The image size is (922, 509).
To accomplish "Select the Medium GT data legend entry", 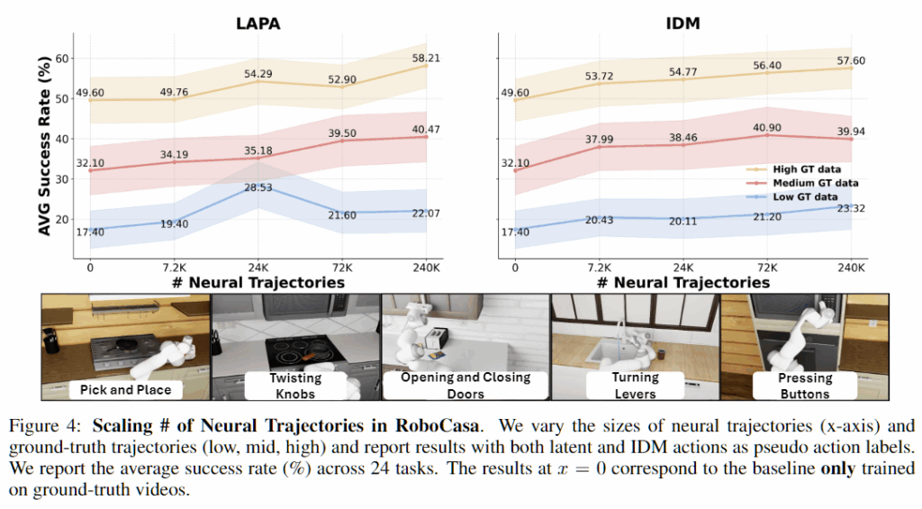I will [x=803, y=183].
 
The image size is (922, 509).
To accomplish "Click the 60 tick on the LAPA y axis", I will [x=60, y=57].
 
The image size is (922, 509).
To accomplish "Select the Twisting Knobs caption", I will [x=294, y=386].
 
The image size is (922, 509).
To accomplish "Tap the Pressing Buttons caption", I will [x=805, y=386].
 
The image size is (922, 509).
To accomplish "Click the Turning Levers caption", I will [x=635, y=386].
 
